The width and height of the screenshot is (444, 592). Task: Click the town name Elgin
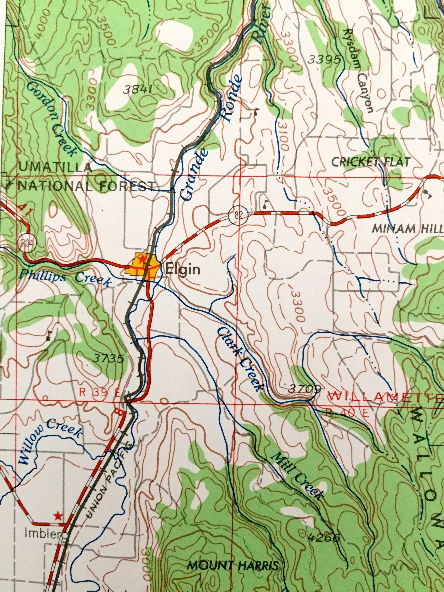coord(183,269)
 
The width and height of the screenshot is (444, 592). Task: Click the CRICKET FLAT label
coord(371,162)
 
